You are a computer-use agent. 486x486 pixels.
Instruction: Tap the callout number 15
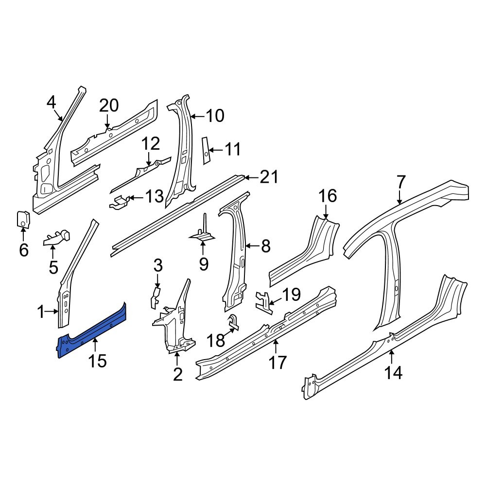point(97,361)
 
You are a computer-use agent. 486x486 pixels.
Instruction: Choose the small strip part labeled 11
point(206,150)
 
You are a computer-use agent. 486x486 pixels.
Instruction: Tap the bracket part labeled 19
point(264,303)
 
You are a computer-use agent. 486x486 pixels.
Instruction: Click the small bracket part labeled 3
point(156,297)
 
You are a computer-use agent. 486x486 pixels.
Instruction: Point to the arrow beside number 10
point(198,117)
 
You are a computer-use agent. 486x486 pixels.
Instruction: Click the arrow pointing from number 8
point(253,246)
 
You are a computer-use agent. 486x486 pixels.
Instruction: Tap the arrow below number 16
point(326,213)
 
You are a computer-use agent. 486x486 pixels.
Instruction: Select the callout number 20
point(109,105)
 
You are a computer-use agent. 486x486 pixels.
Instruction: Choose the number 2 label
point(177,375)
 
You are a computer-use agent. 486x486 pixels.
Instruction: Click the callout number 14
point(393,372)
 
